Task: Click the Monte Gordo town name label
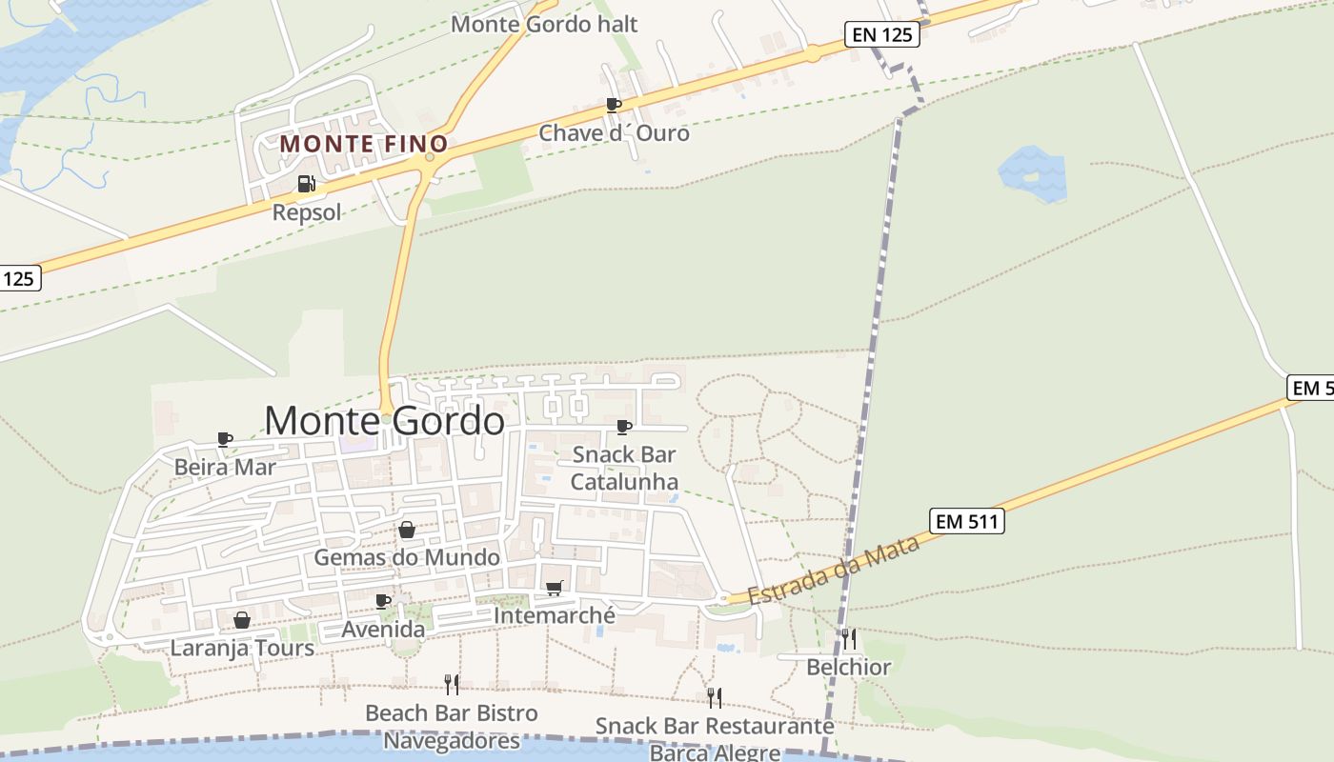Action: [x=384, y=421]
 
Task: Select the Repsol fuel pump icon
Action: [x=306, y=184]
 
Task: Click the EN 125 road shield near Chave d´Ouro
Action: [x=882, y=36]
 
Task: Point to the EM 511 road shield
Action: [x=967, y=521]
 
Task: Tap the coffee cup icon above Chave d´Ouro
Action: [x=614, y=105]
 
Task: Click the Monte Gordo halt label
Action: [x=544, y=24]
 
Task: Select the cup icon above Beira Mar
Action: [x=225, y=439]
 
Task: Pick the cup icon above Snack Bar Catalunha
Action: [x=624, y=427]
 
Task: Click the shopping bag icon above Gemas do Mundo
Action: [x=407, y=530]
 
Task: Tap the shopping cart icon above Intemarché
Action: [x=555, y=589]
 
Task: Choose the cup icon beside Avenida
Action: [x=383, y=601]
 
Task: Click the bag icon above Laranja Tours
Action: [x=242, y=620]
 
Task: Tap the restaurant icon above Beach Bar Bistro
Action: [x=452, y=684]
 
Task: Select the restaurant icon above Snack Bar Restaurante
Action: [x=714, y=697]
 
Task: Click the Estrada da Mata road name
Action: [x=834, y=570]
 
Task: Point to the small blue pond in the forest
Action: [x=1032, y=174]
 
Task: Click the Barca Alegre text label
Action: [x=715, y=752]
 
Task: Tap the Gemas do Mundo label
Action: [x=407, y=557]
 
